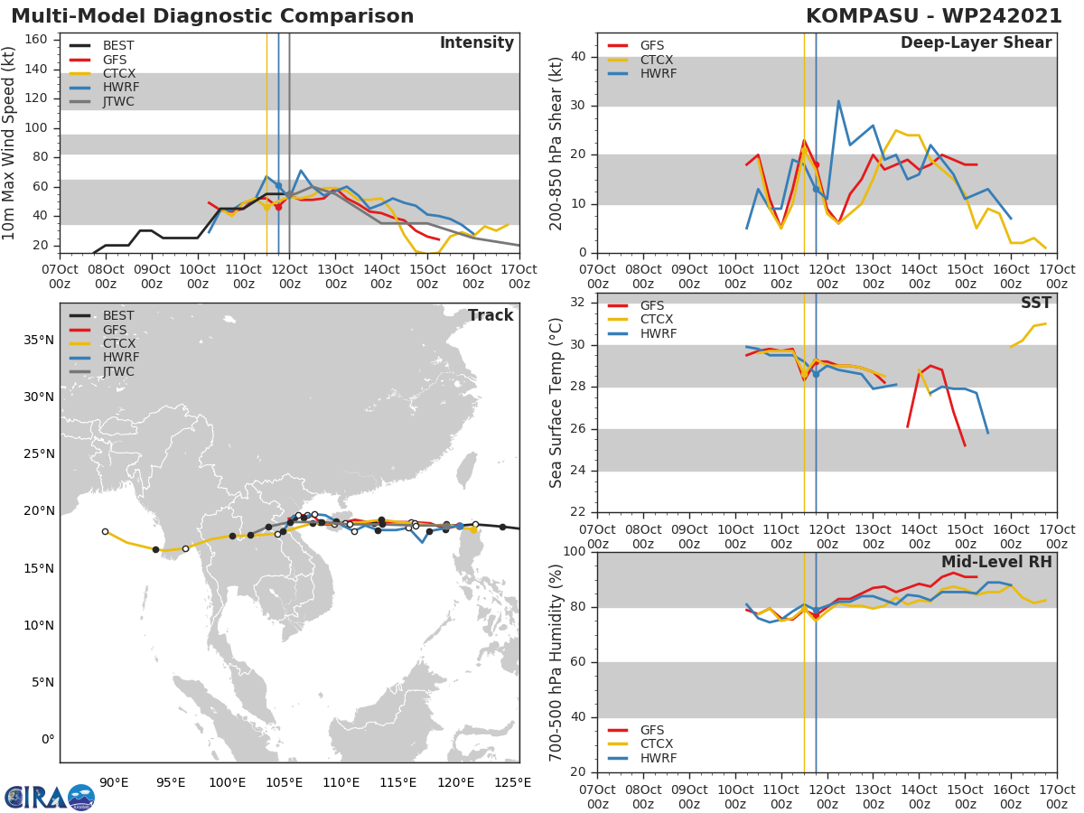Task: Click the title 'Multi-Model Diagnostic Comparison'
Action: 212,16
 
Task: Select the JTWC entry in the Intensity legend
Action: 118,101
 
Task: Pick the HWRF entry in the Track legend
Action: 118,358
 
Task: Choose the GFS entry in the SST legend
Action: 650,305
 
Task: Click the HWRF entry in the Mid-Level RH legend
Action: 658,758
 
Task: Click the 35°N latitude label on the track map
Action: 38,340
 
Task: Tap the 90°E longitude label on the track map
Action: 114,782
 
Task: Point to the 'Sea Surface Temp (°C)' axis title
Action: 556,403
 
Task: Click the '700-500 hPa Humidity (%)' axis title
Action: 556,662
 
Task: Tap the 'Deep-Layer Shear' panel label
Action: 976,43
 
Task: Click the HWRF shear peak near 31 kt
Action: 838,101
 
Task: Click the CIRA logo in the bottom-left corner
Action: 50,797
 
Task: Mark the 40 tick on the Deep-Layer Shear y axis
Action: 582,57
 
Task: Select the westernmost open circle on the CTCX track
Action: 105,531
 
